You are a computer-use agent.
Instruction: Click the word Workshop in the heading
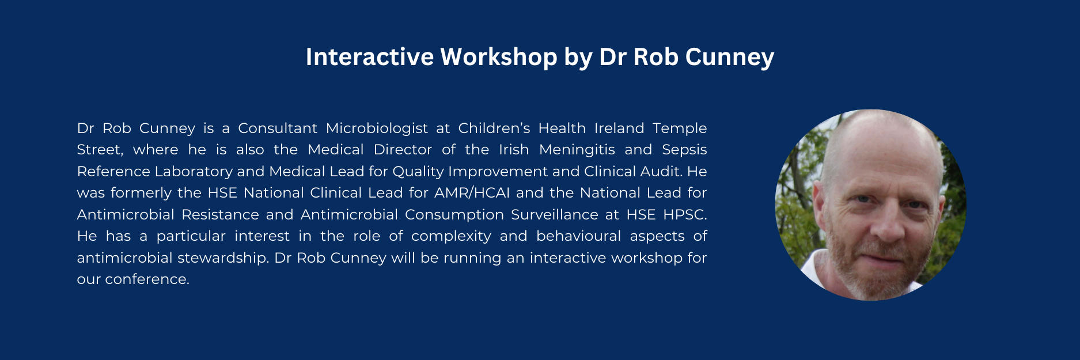point(499,57)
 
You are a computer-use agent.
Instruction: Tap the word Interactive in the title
point(370,56)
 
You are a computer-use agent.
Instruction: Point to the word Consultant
point(278,128)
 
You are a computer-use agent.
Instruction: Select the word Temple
point(680,128)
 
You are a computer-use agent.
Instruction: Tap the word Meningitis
point(577,150)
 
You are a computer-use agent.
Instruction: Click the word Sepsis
point(684,150)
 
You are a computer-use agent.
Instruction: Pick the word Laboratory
point(194,172)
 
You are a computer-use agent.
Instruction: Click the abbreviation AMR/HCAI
point(472,193)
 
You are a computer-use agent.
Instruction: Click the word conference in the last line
point(147,279)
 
